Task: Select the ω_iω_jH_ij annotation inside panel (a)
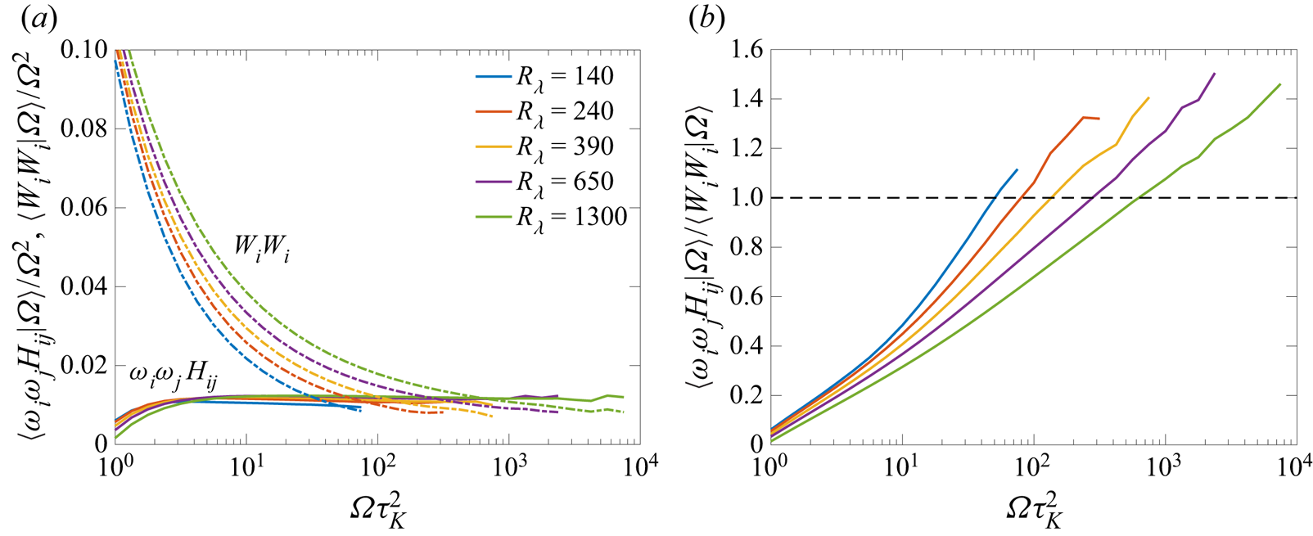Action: click(x=173, y=376)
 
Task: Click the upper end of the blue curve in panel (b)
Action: click(x=1017, y=169)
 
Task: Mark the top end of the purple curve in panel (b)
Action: click(x=1215, y=74)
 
